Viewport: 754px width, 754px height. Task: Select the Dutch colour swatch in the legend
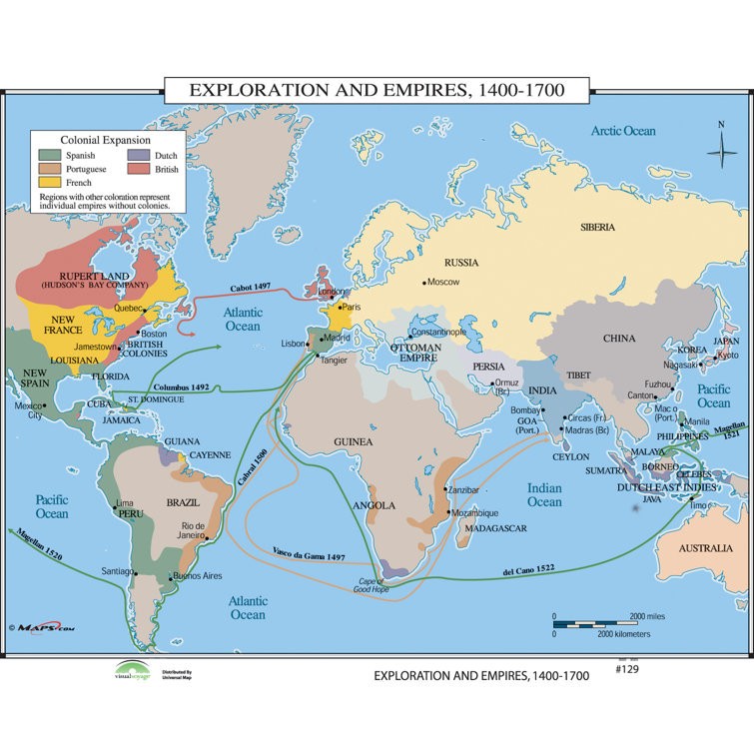point(139,156)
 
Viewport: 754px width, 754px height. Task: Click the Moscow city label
point(442,283)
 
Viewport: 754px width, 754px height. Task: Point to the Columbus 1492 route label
point(181,385)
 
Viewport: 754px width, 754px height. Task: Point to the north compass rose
point(721,150)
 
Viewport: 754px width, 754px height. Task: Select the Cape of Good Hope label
point(378,586)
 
